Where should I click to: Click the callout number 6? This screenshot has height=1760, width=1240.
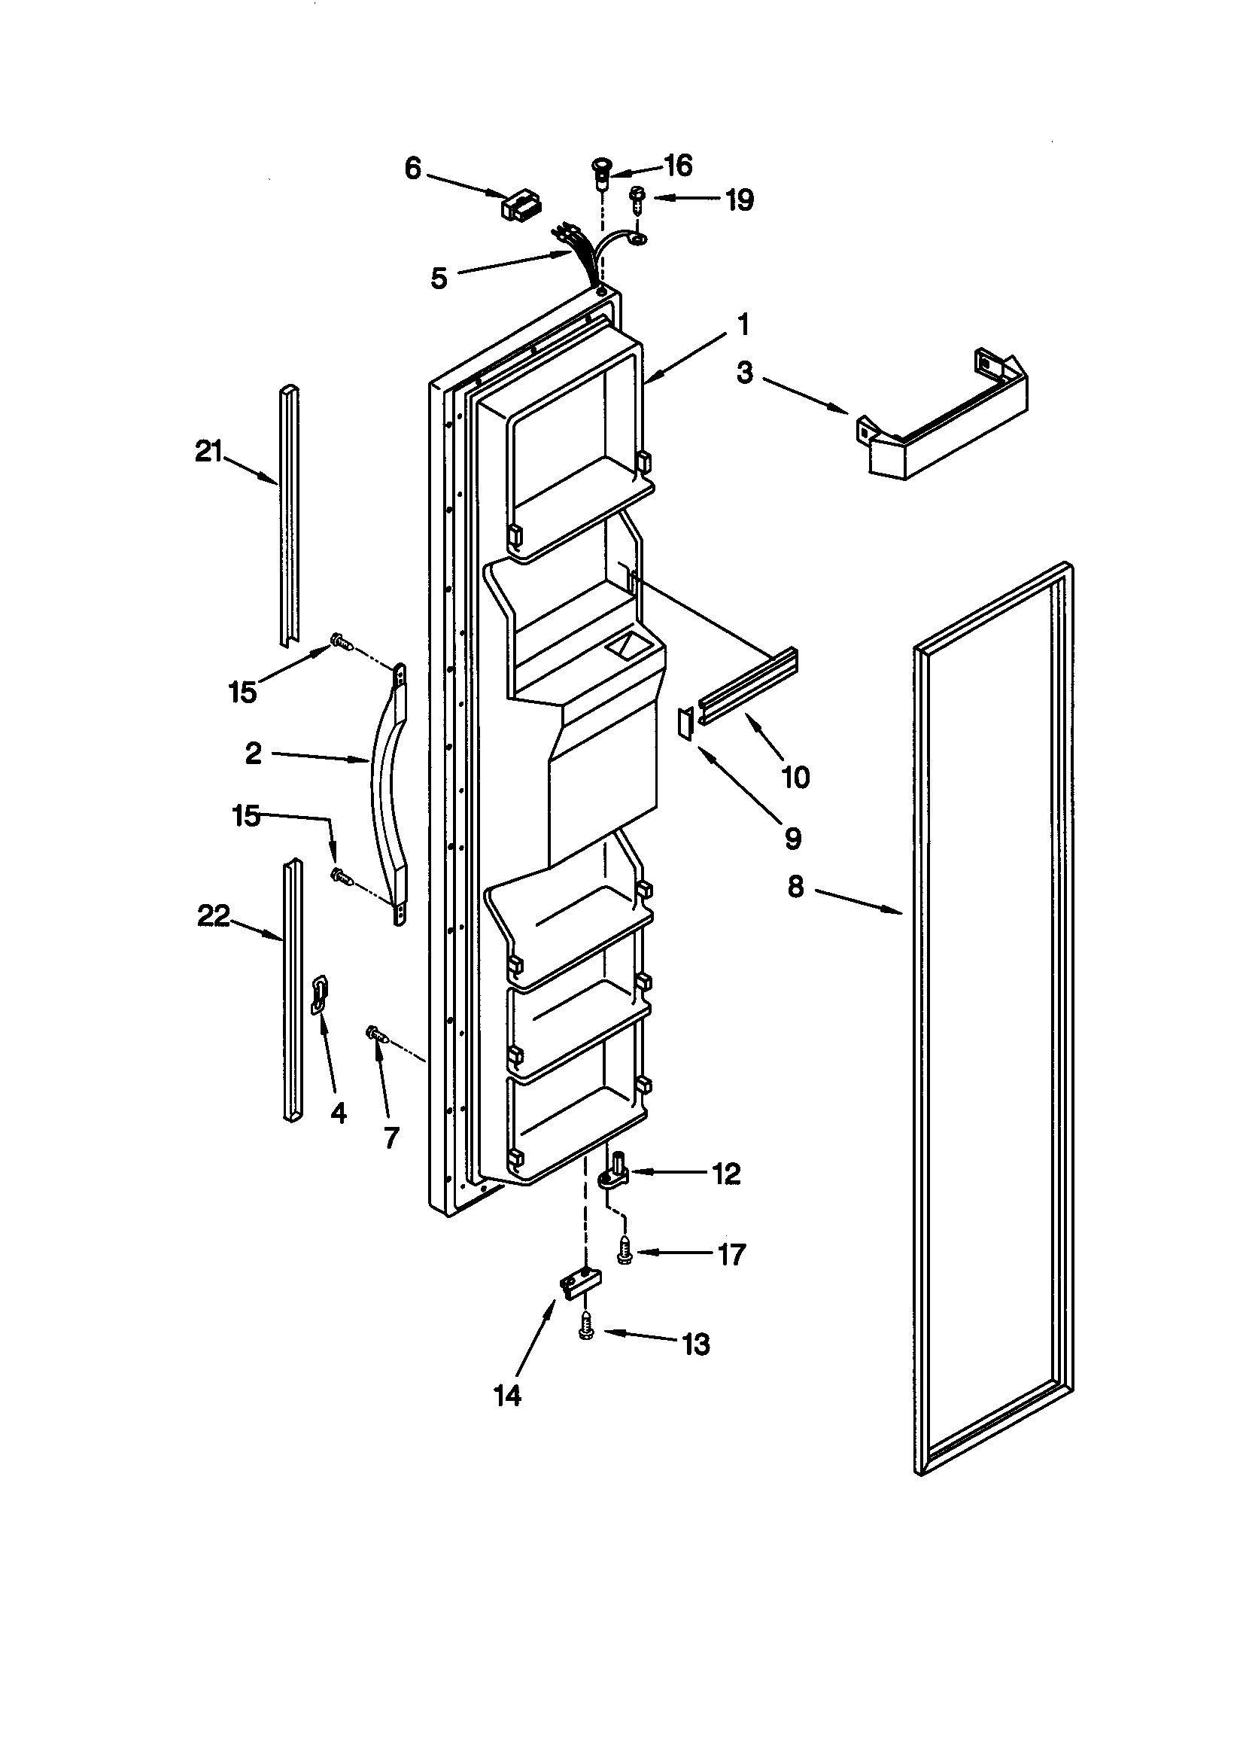tap(413, 169)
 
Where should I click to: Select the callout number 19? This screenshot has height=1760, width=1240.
tap(740, 200)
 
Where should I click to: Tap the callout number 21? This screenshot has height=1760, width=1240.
tap(208, 452)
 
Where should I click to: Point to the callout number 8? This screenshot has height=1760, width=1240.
tap(795, 887)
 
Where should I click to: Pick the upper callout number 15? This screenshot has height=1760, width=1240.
tap(242, 693)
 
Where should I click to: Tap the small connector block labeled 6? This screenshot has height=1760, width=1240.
tap(521, 205)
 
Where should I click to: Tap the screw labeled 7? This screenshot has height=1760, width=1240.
tap(377, 1036)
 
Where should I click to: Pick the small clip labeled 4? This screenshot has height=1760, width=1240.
tap(320, 996)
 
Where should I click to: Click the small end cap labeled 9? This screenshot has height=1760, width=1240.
tap(685, 723)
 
